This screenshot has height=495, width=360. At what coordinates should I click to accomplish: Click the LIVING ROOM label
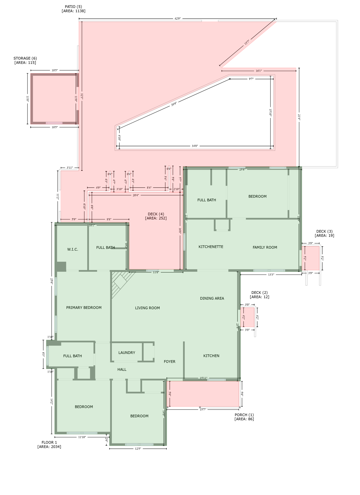pos(147,308)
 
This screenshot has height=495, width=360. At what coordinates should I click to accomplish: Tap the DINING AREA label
pos(212,298)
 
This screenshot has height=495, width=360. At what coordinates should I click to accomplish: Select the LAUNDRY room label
pos(127,353)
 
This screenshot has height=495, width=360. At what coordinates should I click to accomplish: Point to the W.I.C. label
pos(73,249)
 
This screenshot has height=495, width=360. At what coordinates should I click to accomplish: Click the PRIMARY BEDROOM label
pos(84,308)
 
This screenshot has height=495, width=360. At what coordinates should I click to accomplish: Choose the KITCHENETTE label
pos(211,247)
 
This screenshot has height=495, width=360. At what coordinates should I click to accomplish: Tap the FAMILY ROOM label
pos(265,247)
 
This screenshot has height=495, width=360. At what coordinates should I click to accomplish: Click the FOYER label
pos(170,362)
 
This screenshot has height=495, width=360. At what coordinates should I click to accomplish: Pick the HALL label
pos(122,370)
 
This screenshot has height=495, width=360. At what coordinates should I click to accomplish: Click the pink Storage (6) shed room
pos(54,99)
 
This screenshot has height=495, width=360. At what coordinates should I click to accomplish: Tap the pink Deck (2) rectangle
pos(248,317)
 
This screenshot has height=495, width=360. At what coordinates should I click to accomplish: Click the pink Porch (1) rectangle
pos(204,394)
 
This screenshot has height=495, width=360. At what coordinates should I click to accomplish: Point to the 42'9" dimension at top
pos(178,19)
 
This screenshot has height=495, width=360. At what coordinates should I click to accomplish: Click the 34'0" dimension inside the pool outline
pos(195,146)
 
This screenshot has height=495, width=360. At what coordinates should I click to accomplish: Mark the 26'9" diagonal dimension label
pos(174,104)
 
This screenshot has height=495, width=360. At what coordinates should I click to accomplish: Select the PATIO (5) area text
pos(74,9)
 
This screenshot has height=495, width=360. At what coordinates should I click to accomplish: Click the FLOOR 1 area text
pos(49,445)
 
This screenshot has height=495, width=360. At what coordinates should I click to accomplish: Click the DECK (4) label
pos(156,216)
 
